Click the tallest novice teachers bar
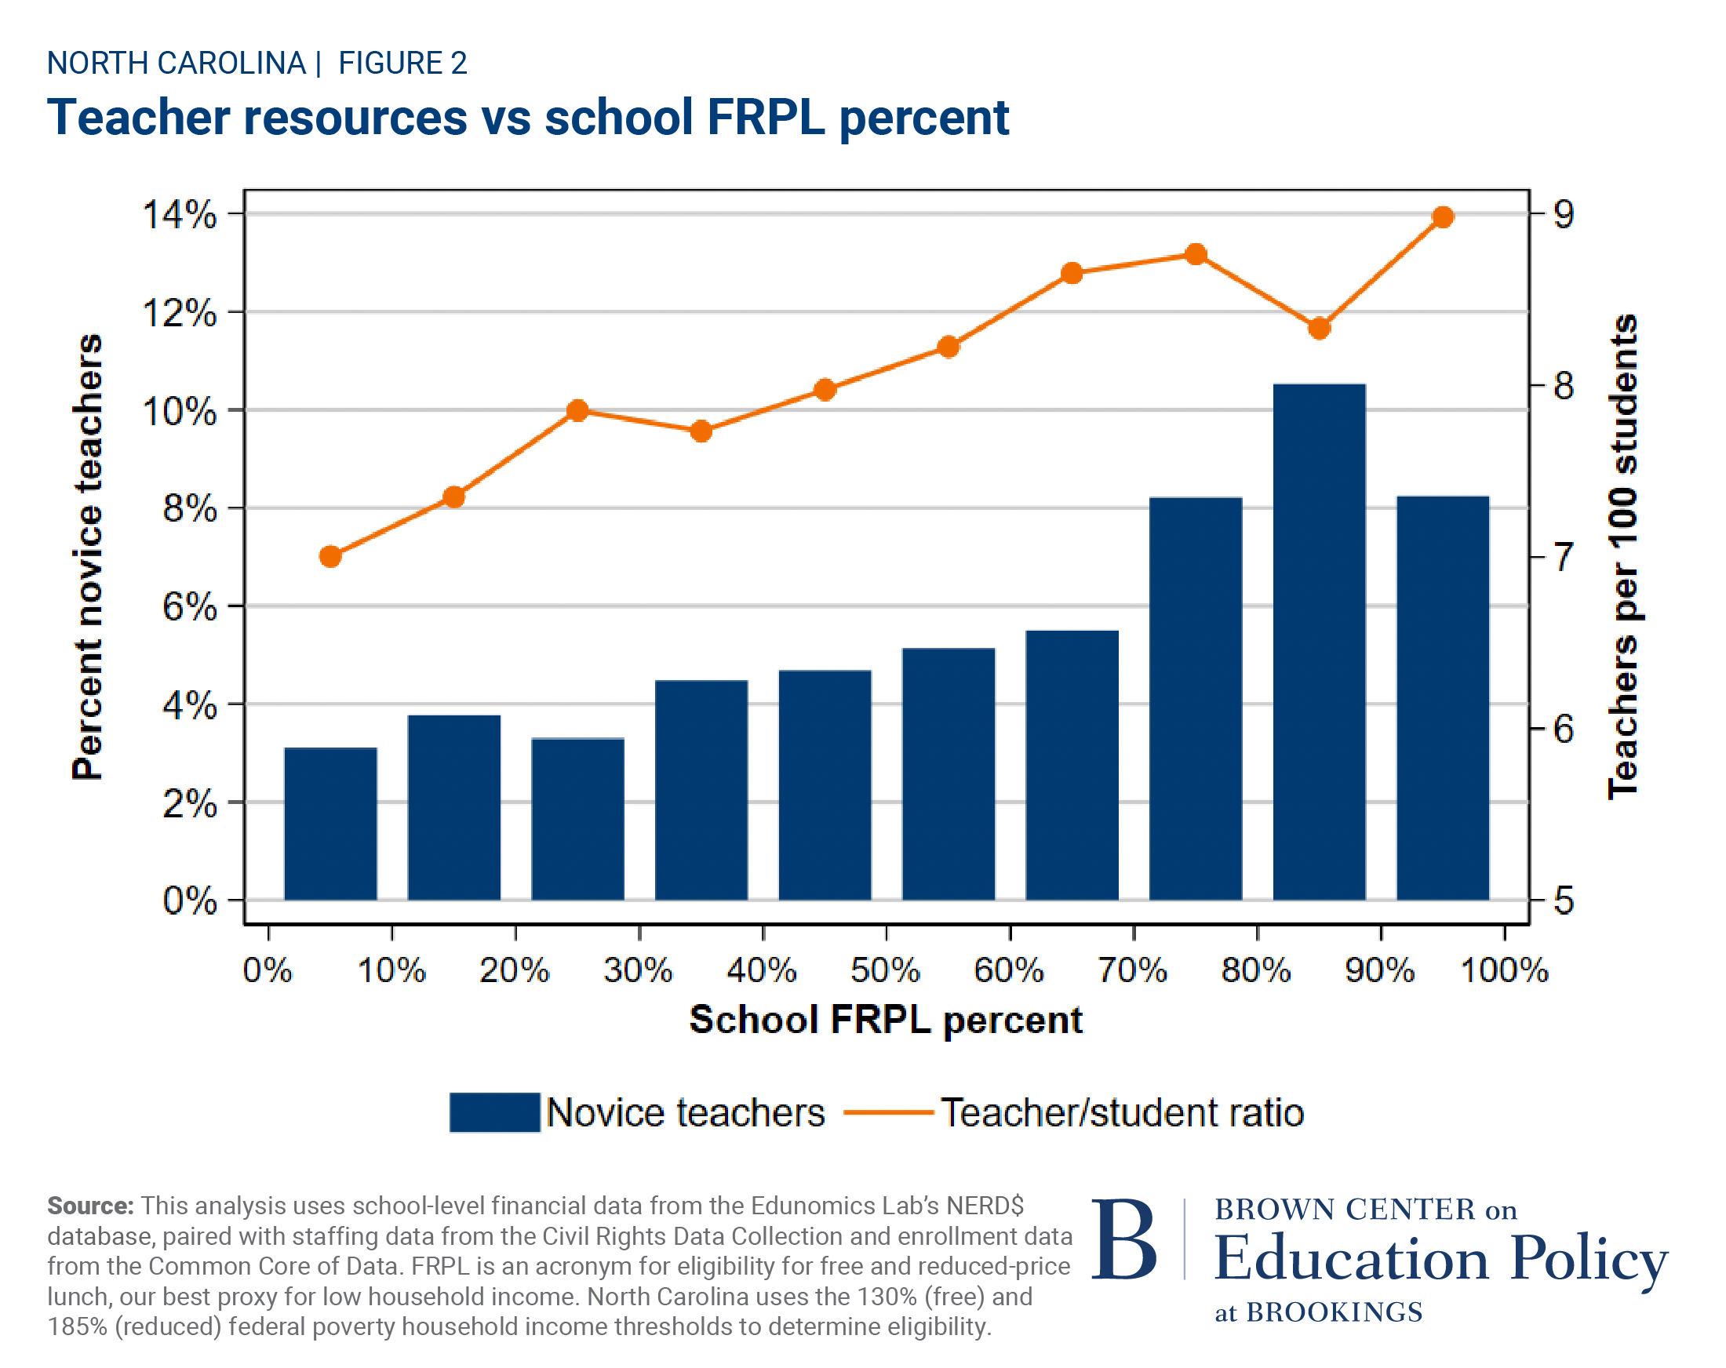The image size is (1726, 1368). click(1319, 640)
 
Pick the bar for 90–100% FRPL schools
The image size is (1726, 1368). click(1442, 697)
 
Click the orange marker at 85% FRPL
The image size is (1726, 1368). click(1319, 328)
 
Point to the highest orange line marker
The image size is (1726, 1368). click(1443, 217)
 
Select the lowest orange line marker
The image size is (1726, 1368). click(330, 556)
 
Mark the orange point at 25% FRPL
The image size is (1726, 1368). click(577, 411)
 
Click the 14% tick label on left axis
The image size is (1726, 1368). click(180, 214)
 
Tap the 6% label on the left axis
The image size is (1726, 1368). click(190, 607)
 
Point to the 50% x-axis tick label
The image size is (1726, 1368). click(885, 970)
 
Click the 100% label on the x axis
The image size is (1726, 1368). click(1504, 970)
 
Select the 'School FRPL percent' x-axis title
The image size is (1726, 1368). click(886, 1020)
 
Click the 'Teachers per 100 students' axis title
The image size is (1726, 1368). click(1622, 556)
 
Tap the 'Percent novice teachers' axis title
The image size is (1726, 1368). click(87, 556)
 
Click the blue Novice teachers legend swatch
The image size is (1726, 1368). click(494, 1111)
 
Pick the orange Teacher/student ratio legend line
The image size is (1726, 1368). click(889, 1111)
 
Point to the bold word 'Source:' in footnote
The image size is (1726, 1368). click(89, 1206)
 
